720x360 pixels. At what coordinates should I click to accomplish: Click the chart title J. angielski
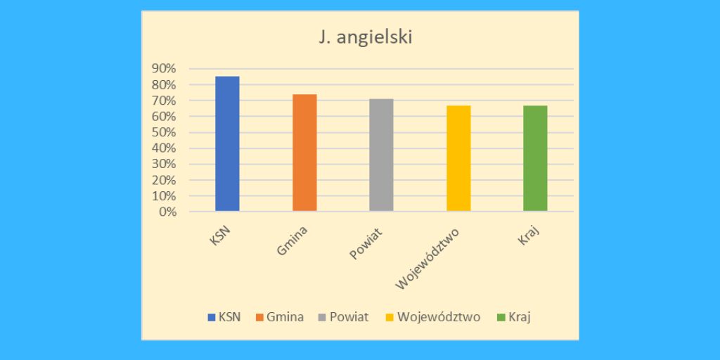(x=365, y=37)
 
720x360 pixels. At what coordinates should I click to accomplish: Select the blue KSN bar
(x=227, y=143)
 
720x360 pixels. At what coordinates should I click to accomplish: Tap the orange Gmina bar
(x=304, y=153)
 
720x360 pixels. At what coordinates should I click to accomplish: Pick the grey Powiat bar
(x=381, y=155)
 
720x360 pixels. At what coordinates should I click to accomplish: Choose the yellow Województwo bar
(x=458, y=158)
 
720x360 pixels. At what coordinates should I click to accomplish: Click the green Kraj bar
(x=535, y=158)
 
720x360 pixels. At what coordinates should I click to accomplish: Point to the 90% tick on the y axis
(x=163, y=68)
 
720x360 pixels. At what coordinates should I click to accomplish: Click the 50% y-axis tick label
(x=163, y=132)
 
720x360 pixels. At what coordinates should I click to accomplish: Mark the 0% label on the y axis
(x=166, y=212)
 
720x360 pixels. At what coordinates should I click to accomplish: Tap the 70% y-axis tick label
(x=163, y=101)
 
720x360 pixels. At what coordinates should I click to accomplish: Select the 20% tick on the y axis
(x=163, y=180)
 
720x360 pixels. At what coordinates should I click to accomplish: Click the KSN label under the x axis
(x=221, y=235)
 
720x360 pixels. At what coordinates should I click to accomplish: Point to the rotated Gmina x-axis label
(x=292, y=240)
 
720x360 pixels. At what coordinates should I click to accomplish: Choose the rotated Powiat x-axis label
(x=366, y=243)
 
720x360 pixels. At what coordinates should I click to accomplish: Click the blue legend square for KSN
(x=212, y=317)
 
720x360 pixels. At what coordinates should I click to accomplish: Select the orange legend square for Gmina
(x=259, y=317)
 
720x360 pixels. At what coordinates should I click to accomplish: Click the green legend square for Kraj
(x=501, y=317)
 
